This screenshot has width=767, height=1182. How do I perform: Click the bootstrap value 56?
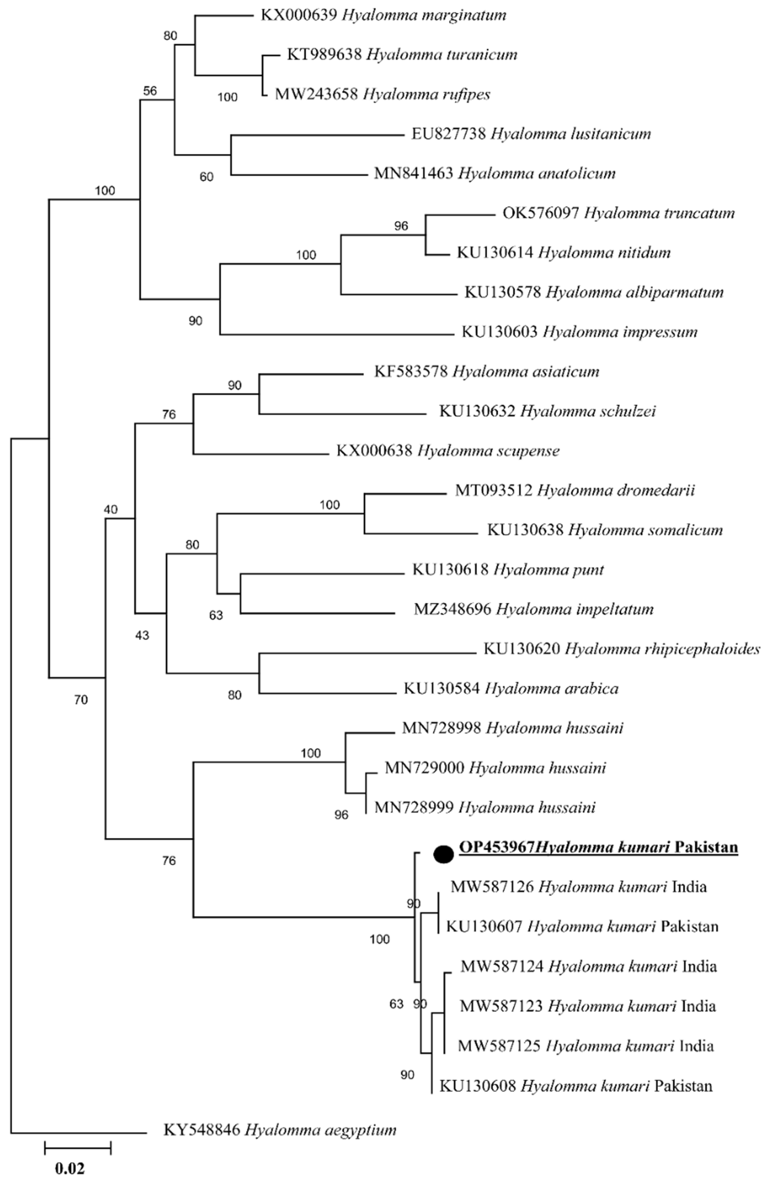[150, 91]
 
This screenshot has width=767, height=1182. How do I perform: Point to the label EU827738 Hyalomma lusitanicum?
[531, 134]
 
